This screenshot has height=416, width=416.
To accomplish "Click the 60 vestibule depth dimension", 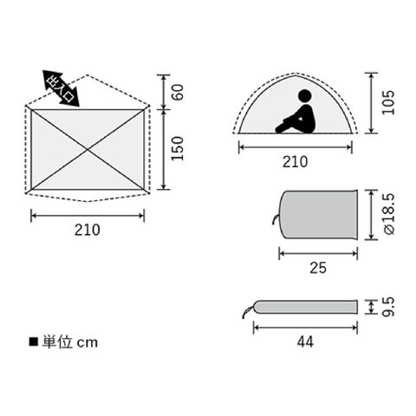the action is pos(179,92).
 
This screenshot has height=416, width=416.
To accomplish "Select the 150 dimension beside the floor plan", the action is pos(178,148).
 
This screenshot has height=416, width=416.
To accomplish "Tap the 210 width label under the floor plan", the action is pos(88,230).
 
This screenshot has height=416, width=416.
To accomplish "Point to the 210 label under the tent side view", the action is pos(295,162).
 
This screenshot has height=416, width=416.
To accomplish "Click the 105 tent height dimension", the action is pos(388,102).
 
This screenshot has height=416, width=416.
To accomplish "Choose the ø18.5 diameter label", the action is pos(389,214).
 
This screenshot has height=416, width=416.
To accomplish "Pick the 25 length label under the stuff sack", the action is pos(318,268).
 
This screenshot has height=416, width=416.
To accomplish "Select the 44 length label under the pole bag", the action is pos(305,342).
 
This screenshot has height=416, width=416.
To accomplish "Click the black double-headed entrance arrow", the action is pos(61,88).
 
